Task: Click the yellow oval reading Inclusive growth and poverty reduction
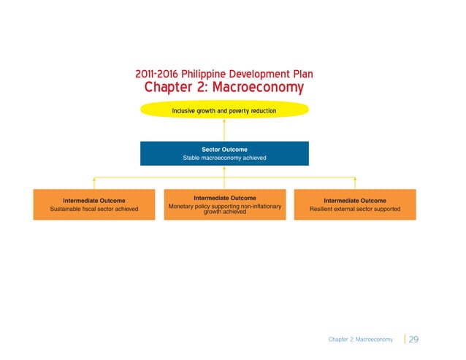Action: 224,110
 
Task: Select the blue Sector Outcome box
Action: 224,153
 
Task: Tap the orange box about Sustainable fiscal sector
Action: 93,204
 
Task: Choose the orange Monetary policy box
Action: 224,204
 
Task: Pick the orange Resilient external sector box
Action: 355,204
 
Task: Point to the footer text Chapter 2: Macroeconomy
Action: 360,340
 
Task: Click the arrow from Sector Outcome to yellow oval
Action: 224,130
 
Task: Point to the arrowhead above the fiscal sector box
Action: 93,177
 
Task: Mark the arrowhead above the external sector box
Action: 355,177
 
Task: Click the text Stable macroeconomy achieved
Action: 224,158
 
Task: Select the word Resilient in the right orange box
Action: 325,210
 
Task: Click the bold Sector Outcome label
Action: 224,149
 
